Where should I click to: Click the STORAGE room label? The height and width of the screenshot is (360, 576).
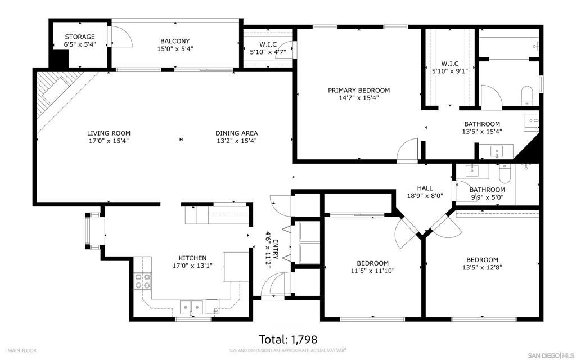point(80,37)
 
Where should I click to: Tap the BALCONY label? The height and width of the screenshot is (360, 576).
point(175,41)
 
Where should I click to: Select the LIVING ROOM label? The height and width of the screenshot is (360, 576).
point(109,133)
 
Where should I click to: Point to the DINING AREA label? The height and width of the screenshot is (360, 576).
point(236,133)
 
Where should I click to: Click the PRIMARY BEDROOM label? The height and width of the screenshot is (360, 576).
point(359,90)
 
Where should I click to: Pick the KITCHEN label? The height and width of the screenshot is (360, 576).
point(192,258)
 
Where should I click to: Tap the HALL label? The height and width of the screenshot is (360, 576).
point(425,188)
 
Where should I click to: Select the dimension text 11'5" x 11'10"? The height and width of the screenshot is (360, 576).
point(372,271)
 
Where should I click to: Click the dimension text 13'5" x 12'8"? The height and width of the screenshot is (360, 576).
point(482,267)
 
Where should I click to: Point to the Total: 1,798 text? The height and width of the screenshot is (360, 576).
point(288,339)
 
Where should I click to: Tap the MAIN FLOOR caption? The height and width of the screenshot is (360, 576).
point(22,350)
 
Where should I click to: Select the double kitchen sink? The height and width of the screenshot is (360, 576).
point(191,307)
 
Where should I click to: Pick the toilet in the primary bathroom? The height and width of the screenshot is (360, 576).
point(526,96)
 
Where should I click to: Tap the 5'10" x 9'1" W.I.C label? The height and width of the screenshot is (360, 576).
point(449,67)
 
